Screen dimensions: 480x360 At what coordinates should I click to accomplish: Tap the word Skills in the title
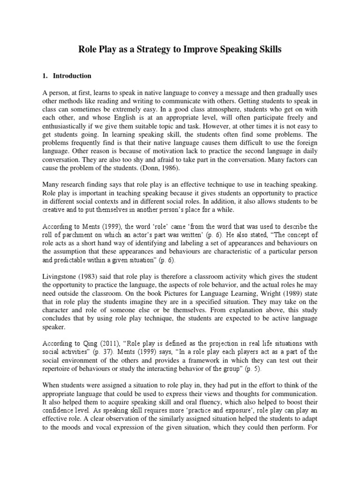[269, 49]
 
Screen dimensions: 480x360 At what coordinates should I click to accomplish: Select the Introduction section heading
[72, 75]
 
